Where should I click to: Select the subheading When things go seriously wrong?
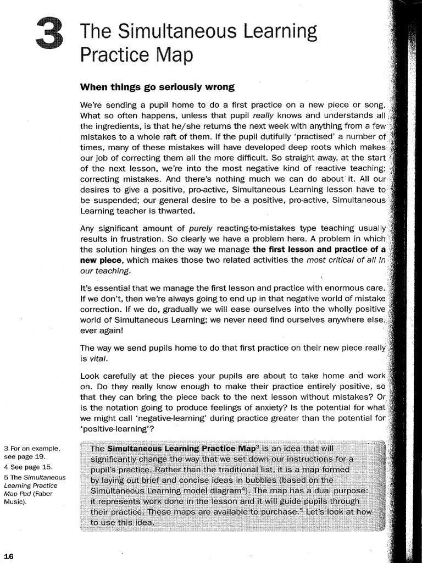157,87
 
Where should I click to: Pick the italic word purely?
201,229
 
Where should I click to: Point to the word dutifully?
263,136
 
